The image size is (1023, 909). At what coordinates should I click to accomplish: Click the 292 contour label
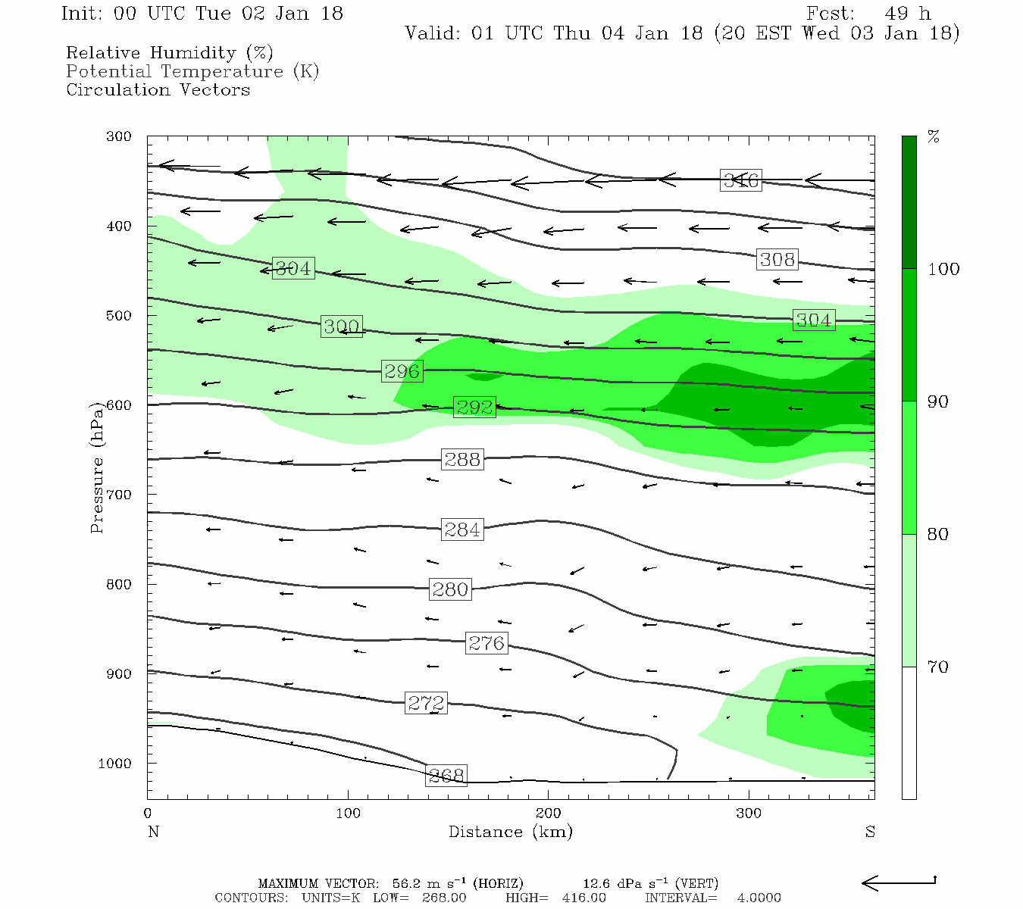(x=474, y=407)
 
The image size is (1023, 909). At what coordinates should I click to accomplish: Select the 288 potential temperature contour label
(x=462, y=459)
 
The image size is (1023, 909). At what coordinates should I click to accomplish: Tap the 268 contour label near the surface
(x=446, y=775)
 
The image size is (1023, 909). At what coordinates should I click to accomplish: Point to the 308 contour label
(x=777, y=259)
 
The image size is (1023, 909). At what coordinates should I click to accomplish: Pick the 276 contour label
(x=486, y=643)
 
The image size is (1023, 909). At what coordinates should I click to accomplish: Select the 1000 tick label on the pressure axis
(x=114, y=764)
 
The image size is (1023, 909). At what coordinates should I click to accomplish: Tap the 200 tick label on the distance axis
(x=549, y=814)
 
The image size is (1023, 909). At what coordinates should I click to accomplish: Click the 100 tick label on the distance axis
(x=348, y=814)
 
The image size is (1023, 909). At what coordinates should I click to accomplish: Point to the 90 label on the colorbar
(x=938, y=401)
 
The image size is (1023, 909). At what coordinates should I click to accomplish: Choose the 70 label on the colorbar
(x=938, y=667)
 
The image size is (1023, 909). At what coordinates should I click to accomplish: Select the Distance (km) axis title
(x=510, y=832)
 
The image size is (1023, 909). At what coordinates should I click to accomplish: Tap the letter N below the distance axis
(x=153, y=832)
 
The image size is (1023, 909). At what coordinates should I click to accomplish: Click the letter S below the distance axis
(x=870, y=832)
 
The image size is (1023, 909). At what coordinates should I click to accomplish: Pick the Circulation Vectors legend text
(x=158, y=89)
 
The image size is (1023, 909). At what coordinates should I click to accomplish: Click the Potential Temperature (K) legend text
(x=192, y=71)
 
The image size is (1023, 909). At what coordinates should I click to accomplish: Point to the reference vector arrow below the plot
(x=899, y=882)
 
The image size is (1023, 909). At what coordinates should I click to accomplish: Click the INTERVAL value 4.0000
(x=759, y=898)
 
